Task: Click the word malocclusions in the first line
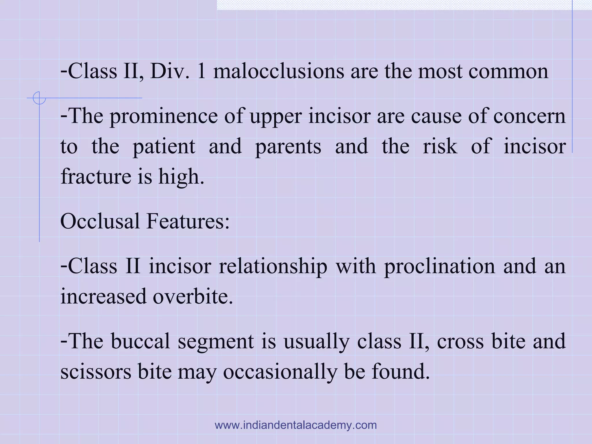[279, 71]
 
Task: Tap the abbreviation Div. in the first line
[170, 71]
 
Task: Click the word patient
[164, 146]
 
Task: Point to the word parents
[288, 146]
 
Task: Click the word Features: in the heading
[188, 221]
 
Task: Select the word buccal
[140, 341]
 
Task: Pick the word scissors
[96, 372]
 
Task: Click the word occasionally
[280, 372]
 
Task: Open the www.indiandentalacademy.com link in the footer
[296, 425]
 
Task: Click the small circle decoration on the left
[39, 98]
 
